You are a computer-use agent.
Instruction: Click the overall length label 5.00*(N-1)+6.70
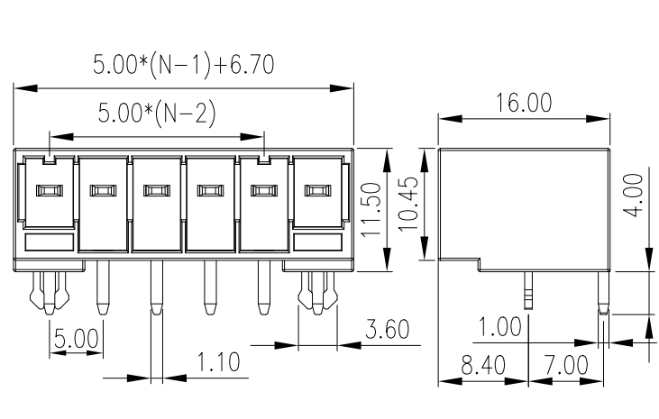183,65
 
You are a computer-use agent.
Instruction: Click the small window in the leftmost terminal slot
46,190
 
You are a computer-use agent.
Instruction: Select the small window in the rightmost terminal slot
316,190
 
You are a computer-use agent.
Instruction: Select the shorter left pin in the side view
526,287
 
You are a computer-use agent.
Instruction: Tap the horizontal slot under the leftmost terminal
48,241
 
